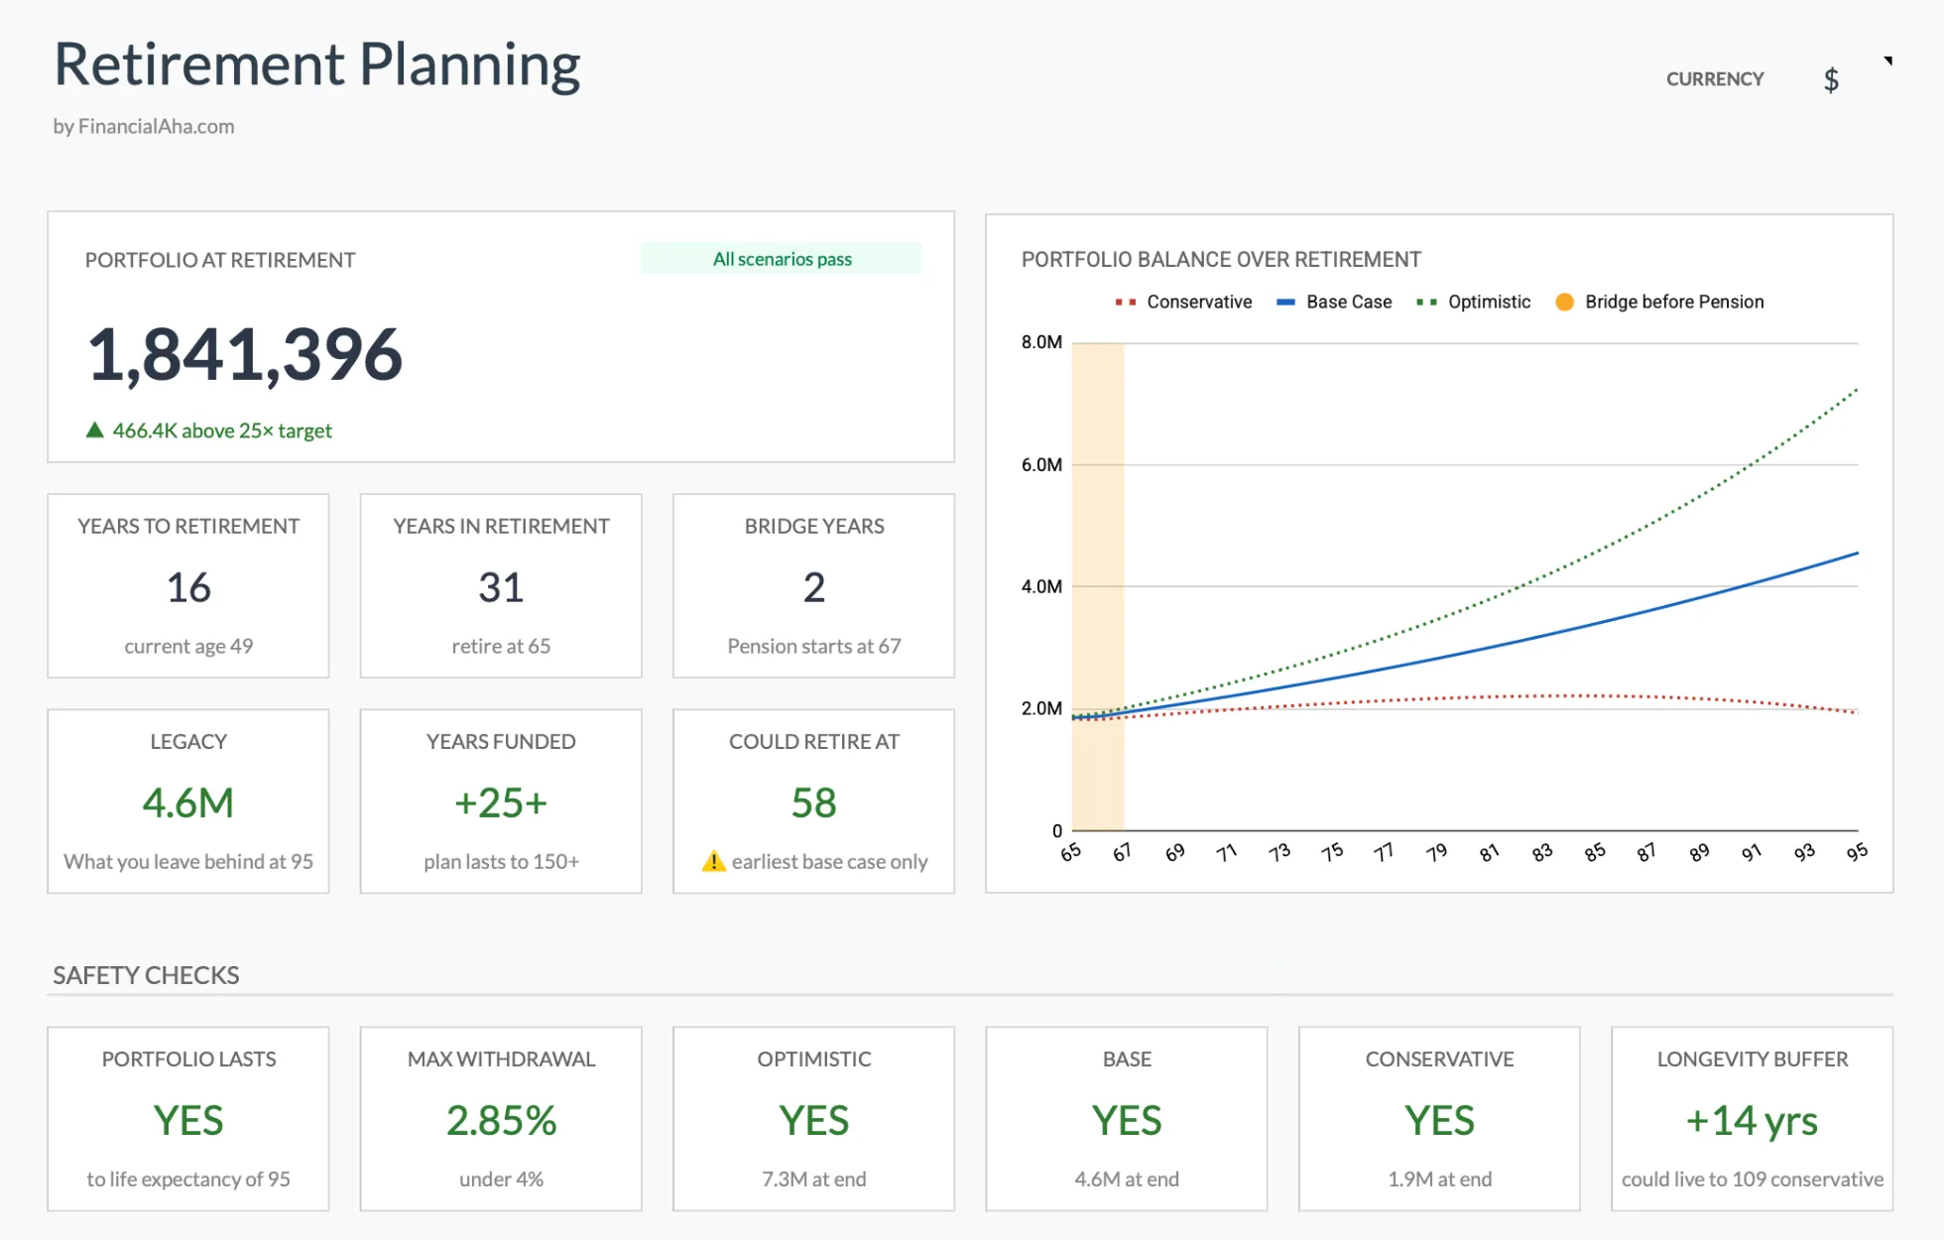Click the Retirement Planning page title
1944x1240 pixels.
[x=316, y=64]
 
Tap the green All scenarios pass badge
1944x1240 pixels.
[x=781, y=259]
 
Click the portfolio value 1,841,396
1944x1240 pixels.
[x=245, y=354]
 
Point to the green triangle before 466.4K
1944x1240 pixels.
[x=95, y=430]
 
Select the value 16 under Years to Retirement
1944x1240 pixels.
[x=188, y=587]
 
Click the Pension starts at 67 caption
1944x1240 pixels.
[x=813, y=646]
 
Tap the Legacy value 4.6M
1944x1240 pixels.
[x=188, y=803]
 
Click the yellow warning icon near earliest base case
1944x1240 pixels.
[x=713, y=861]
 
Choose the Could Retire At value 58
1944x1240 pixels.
[x=813, y=803]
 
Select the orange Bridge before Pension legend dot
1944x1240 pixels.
[x=1564, y=302]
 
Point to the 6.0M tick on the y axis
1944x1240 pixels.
[x=1041, y=464]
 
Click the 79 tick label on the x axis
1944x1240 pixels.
[x=1436, y=852]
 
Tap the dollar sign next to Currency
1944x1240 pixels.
[x=1831, y=79]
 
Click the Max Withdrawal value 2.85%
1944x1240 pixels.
[x=501, y=1120]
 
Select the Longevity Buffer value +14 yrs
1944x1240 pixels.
[x=1752, y=1120]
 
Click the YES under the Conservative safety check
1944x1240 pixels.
[x=1439, y=1120]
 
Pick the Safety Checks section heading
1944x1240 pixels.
[x=146, y=975]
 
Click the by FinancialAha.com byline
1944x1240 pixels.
[x=144, y=126]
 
